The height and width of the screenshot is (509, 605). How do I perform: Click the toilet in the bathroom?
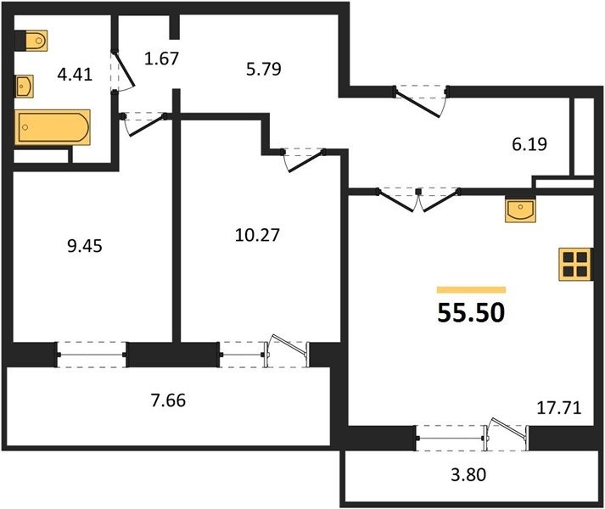[31, 40]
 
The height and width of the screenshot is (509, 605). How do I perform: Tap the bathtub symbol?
[53, 127]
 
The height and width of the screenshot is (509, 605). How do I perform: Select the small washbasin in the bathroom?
[25, 86]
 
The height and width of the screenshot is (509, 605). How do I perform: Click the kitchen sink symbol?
[520, 209]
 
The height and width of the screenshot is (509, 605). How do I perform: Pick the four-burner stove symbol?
[575, 264]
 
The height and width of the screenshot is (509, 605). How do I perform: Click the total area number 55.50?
[471, 312]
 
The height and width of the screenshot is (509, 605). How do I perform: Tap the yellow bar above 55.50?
[471, 290]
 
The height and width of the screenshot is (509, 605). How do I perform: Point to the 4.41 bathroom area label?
[75, 74]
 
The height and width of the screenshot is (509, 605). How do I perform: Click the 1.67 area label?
[162, 59]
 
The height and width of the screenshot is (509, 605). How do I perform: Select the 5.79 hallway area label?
[264, 69]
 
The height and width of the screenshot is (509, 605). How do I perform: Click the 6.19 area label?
[529, 144]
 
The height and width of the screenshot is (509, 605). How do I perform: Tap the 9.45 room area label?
[85, 246]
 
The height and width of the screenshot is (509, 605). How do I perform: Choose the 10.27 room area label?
[257, 235]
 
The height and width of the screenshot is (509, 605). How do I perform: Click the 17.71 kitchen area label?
[559, 407]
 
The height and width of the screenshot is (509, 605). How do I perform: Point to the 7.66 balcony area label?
[168, 400]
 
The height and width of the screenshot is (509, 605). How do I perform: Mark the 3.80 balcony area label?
[468, 474]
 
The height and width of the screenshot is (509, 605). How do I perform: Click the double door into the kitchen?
[418, 199]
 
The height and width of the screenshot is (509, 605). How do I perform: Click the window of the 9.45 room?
[92, 355]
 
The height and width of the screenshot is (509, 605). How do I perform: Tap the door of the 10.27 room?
[304, 160]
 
